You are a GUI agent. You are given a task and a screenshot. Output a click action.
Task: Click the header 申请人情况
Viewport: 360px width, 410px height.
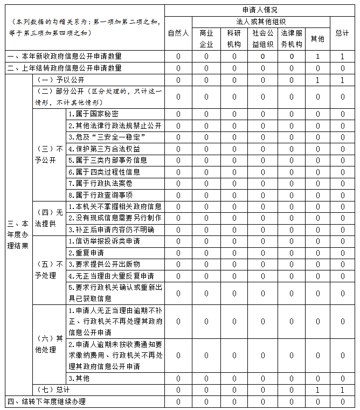coord(260,10)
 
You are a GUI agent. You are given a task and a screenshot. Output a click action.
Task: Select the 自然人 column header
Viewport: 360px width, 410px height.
coord(178,33)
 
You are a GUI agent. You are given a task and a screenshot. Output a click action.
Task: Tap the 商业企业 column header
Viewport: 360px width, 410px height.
coord(206,38)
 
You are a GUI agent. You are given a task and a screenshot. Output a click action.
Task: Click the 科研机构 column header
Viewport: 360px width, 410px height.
coord(234,38)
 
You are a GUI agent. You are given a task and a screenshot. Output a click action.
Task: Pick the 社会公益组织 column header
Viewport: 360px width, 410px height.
coord(262,38)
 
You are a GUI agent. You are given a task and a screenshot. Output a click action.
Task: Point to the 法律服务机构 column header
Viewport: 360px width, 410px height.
coord(292,38)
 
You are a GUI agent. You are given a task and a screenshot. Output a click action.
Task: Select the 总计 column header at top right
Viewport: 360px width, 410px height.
coord(342,33)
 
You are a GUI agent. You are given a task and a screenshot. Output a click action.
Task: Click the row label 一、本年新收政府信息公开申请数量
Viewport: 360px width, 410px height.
coord(64,56)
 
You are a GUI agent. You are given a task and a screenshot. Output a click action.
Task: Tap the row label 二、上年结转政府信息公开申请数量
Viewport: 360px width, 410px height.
coord(64,68)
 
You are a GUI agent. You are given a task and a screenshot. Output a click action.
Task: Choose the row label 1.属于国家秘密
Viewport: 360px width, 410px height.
coord(93,114)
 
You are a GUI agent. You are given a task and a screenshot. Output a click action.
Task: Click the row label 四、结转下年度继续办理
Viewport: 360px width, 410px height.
coord(46,401)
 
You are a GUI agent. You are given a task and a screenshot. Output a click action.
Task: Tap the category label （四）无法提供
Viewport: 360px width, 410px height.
coord(49,218)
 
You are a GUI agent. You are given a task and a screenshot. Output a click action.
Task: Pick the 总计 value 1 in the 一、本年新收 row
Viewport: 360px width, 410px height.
coord(342,56)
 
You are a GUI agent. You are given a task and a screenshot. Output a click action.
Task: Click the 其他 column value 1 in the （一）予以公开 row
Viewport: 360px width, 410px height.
coord(318,80)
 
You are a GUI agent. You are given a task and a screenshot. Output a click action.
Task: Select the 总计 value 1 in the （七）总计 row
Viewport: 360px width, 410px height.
coord(342,390)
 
